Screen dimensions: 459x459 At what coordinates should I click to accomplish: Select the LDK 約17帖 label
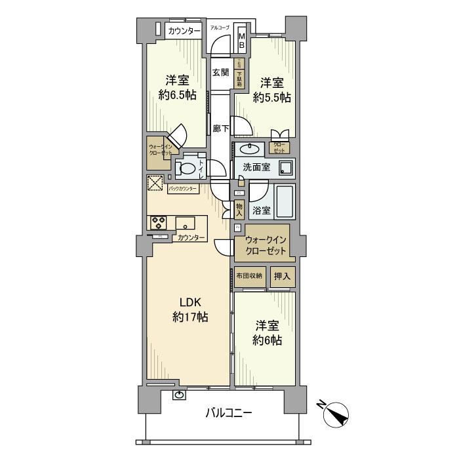click(x=190, y=309)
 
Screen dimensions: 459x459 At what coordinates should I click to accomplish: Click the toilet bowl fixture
click(x=188, y=169)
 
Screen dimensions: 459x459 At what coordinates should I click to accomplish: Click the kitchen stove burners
click(x=158, y=222)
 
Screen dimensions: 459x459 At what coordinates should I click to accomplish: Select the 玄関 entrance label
click(x=220, y=73)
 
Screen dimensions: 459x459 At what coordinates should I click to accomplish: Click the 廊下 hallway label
click(x=220, y=129)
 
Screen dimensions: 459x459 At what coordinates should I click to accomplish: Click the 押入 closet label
click(x=282, y=276)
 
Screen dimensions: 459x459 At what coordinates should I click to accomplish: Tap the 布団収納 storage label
click(x=249, y=276)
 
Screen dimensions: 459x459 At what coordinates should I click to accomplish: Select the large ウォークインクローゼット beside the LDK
click(x=266, y=245)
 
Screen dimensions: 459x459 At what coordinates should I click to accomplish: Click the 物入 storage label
click(x=239, y=210)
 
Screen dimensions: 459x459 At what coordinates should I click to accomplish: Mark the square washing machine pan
click(x=286, y=168)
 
